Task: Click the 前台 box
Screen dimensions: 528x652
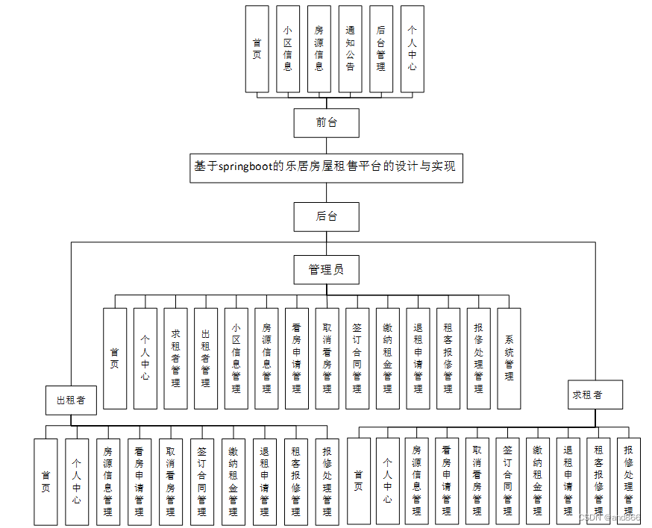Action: click(x=326, y=123)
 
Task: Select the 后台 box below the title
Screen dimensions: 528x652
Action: click(x=326, y=216)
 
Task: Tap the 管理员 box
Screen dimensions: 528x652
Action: click(x=326, y=269)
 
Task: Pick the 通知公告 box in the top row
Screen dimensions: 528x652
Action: click(x=350, y=49)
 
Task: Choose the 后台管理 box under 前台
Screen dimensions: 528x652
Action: click(x=381, y=49)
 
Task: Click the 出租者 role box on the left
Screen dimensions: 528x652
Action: click(x=71, y=400)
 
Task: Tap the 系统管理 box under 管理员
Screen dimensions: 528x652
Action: click(x=509, y=358)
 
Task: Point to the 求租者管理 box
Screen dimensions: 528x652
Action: click(x=175, y=358)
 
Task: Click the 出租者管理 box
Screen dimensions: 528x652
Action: click(x=206, y=358)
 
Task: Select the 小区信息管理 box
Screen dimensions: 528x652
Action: click(x=236, y=358)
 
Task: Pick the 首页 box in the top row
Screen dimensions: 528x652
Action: click(x=257, y=49)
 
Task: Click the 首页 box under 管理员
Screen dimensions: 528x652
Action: click(x=115, y=358)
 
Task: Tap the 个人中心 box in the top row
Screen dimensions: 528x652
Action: click(x=412, y=49)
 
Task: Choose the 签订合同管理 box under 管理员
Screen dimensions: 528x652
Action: click(x=357, y=358)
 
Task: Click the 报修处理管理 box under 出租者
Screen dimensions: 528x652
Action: click(x=327, y=481)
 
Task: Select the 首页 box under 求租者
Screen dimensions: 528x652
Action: click(x=359, y=481)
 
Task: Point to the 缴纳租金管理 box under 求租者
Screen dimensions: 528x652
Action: click(x=537, y=481)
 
